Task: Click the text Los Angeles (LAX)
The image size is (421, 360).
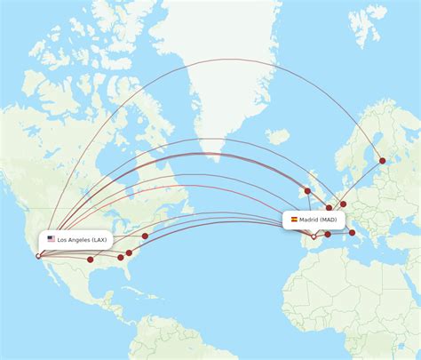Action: [x=82, y=239]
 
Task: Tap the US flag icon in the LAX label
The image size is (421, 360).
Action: [x=51, y=239]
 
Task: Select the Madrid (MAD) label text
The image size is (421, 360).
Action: [x=318, y=219]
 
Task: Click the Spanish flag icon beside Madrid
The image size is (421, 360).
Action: [x=293, y=219]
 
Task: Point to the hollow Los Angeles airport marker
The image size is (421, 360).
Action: [x=37, y=256]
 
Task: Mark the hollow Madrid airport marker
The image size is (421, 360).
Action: [x=313, y=236]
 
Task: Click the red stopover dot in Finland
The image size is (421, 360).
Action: [x=383, y=161]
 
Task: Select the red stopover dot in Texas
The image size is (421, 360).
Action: [x=91, y=260]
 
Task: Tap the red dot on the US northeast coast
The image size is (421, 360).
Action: [x=145, y=236]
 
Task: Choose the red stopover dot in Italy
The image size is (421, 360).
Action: [x=353, y=233]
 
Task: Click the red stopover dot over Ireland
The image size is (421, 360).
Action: [x=307, y=190]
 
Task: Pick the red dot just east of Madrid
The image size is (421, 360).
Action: [x=328, y=235]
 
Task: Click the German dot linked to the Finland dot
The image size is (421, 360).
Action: [x=344, y=204]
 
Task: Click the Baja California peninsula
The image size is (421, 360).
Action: [x=49, y=271]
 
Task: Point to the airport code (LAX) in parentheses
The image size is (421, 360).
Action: [x=99, y=239]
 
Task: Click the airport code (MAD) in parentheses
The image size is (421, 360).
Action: [x=330, y=219]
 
